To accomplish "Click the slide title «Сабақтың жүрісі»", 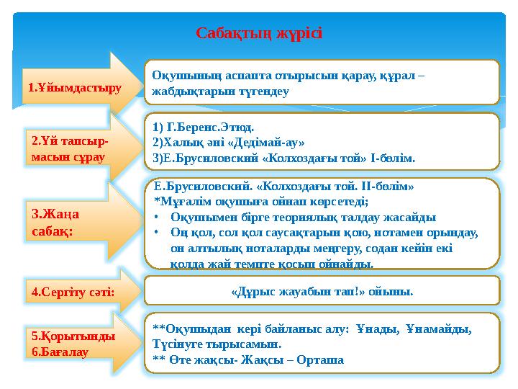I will pos(259,34).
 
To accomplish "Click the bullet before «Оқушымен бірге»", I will pos(158,216).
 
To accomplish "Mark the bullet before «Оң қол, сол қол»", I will pos(158,233).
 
